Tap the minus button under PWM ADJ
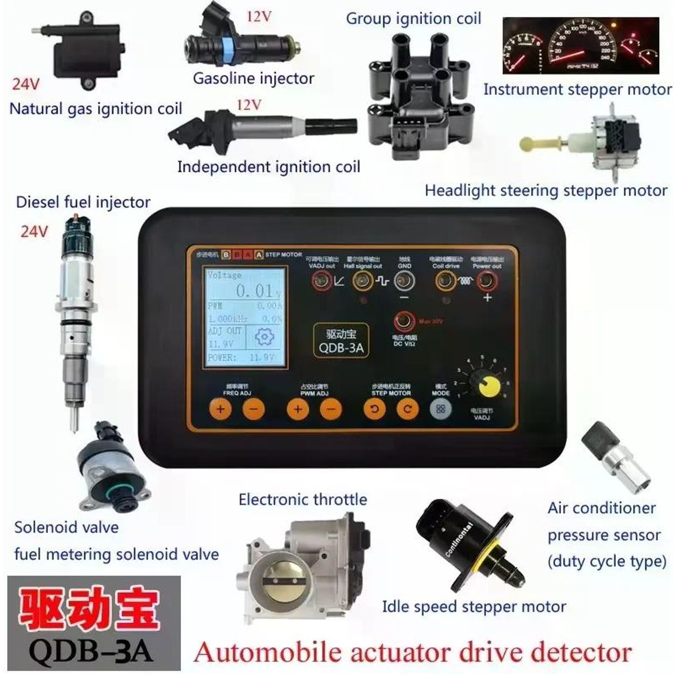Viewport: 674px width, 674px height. tap(331, 409)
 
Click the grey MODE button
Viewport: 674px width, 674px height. tap(440, 409)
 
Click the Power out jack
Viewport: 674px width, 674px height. tap(486, 281)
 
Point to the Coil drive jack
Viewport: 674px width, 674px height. tap(446, 281)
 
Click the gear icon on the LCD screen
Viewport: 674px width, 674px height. tap(263, 337)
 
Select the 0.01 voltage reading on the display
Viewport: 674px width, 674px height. tap(253, 291)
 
